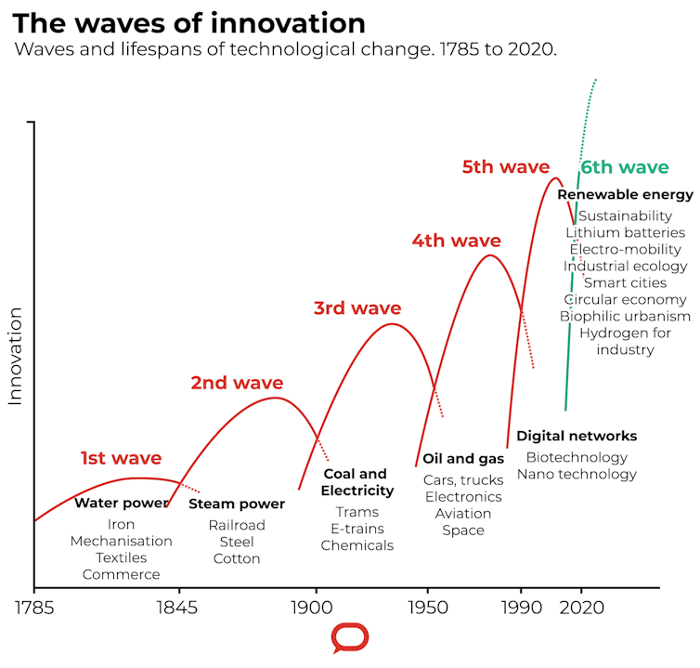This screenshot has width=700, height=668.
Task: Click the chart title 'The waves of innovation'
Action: pyautogui.click(x=189, y=22)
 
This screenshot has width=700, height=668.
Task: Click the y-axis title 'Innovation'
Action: pyautogui.click(x=16, y=356)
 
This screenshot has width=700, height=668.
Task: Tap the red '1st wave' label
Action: pyautogui.click(x=121, y=458)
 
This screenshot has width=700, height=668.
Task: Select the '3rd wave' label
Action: pyautogui.click(x=357, y=308)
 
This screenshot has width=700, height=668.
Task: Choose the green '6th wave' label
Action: pyautogui.click(x=624, y=167)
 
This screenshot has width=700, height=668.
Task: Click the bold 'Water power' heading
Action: pyautogui.click(x=121, y=504)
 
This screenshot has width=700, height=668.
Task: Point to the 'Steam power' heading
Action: pyautogui.click(x=237, y=504)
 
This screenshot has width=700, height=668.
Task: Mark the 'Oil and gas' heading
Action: pyautogui.click(x=463, y=459)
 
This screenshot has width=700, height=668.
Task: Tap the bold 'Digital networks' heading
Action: pyautogui.click(x=577, y=436)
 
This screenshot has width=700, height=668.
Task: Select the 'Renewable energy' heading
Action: pyautogui.click(x=625, y=195)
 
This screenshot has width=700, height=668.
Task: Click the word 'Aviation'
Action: pyautogui.click(x=463, y=514)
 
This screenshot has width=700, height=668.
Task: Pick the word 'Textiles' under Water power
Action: pyautogui.click(x=121, y=557)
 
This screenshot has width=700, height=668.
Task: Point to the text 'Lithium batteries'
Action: pyautogui.click(x=625, y=232)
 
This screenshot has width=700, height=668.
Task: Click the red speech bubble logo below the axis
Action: pyautogui.click(x=350, y=639)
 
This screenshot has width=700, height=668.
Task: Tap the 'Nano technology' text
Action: pyautogui.click(x=577, y=474)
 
